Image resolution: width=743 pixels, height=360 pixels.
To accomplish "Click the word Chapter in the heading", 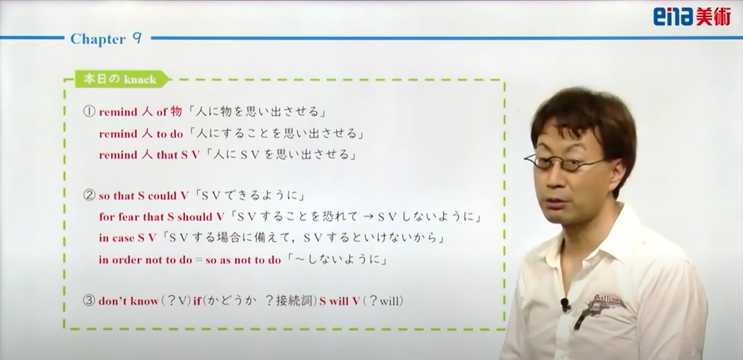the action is tap(98, 39).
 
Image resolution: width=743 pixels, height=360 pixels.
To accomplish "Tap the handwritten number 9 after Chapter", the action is tap(137, 39).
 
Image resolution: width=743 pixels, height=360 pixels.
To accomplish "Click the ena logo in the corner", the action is tap(692, 17).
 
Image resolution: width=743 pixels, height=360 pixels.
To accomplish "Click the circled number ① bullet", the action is tap(89, 112).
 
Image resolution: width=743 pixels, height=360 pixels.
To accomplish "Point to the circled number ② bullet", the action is tap(89, 195).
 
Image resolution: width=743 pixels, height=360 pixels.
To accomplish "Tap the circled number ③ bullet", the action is tap(89, 301).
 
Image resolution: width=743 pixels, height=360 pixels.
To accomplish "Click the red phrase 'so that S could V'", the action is tap(143, 196).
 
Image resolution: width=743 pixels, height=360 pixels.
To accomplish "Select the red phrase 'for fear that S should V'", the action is tap(161, 217).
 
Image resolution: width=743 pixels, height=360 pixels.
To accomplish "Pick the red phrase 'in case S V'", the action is tap(127, 238).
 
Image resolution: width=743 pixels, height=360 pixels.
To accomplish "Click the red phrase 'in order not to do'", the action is tap(146, 259).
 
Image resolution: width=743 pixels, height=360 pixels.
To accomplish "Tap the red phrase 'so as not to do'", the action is tap(243, 260).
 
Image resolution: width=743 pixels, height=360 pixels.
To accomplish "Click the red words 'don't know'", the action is tap(128, 301).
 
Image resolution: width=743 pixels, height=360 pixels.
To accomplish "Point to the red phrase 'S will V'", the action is tap(340, 301).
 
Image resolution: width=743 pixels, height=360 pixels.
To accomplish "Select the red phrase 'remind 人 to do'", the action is tap(141, 134).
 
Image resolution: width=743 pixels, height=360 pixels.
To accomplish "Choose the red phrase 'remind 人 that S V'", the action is tap(149, 155).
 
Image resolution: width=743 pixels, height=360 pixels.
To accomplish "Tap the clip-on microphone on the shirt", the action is tap(565, 304).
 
